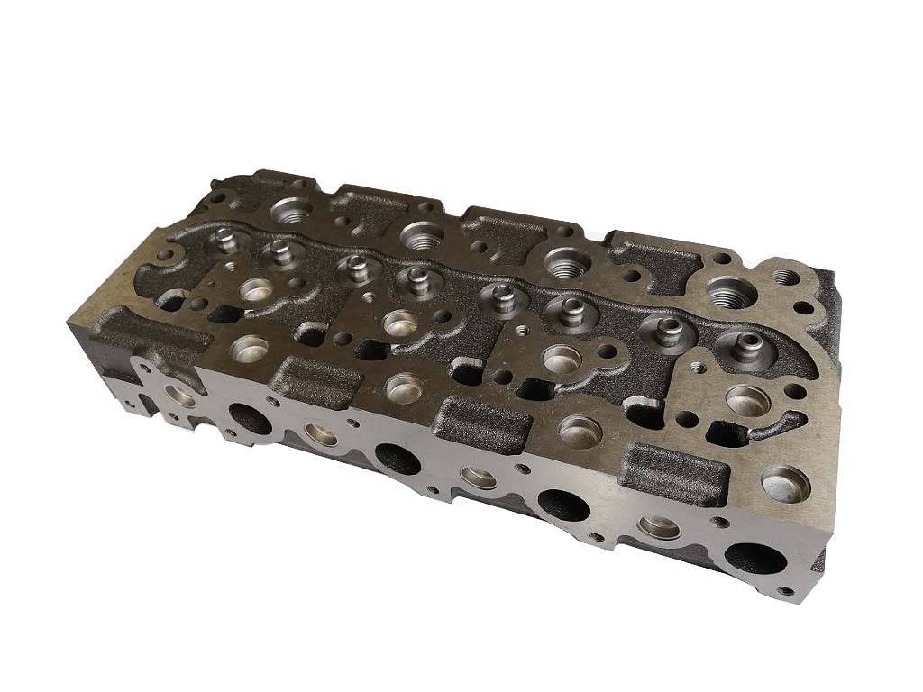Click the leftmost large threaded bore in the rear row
tap(294, 213)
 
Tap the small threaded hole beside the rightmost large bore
tap(786, 277)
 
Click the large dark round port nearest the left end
tap(244, 417)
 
